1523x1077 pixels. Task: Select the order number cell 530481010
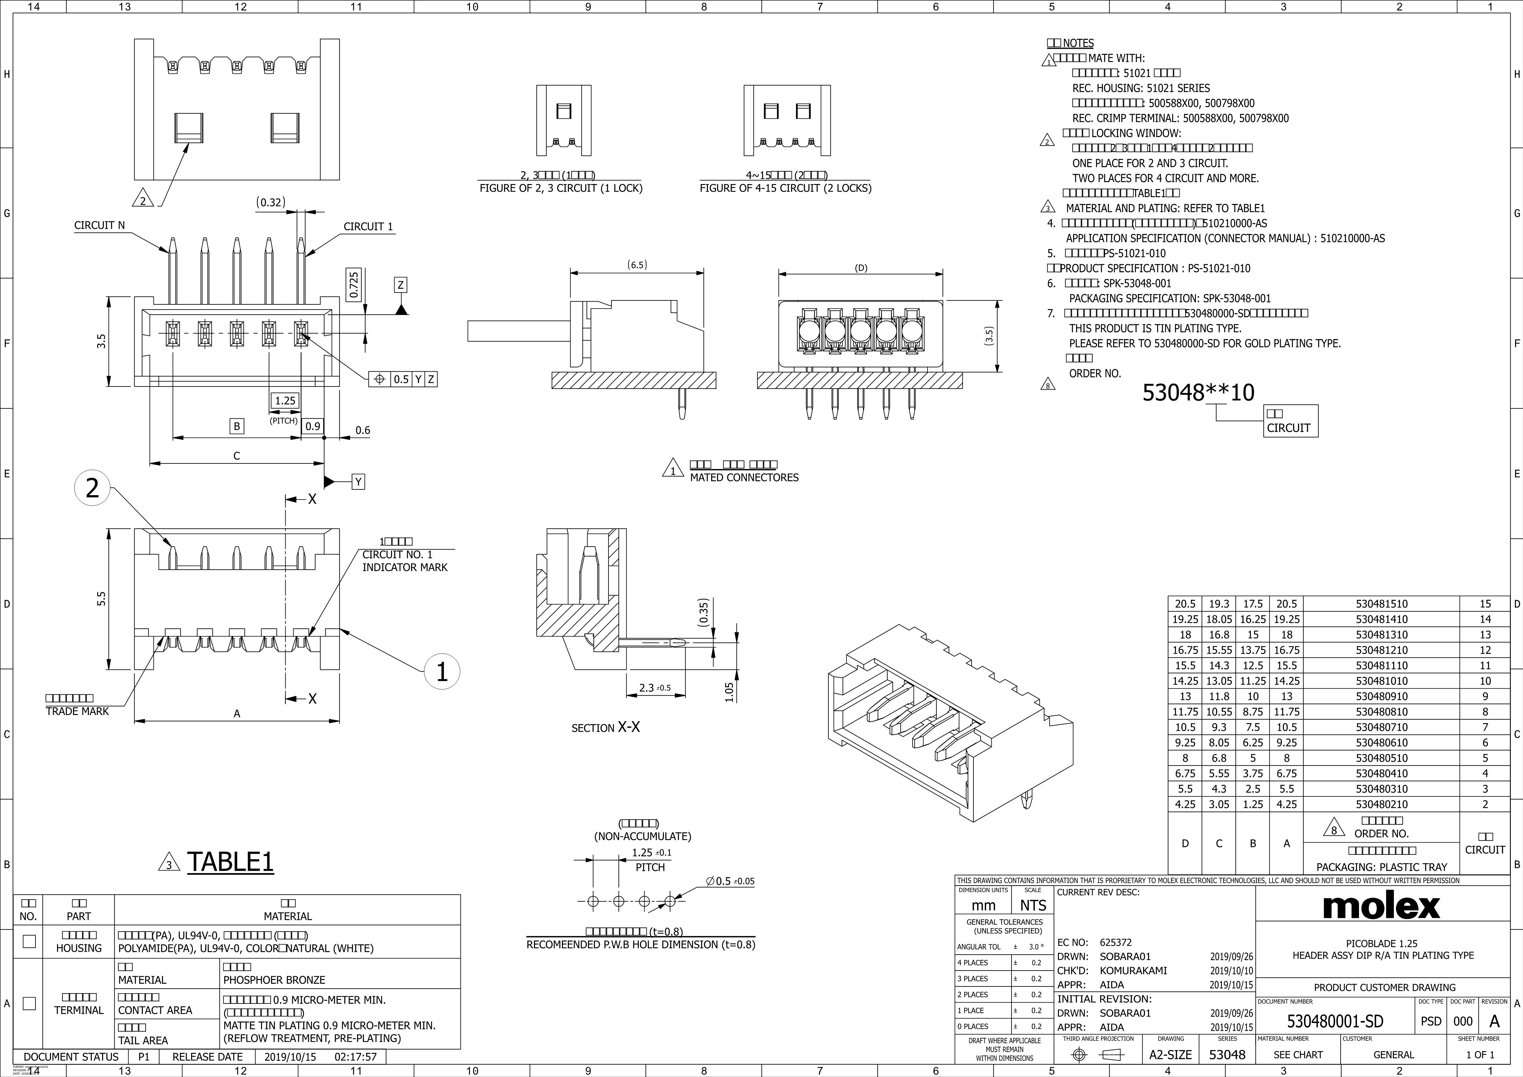pos(1381,680)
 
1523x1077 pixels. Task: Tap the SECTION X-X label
pos(606,727)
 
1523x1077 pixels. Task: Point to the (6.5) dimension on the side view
pos(637,265)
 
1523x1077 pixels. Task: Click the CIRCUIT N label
pos(99,225)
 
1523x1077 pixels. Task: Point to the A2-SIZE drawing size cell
pos(1171,1054)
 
